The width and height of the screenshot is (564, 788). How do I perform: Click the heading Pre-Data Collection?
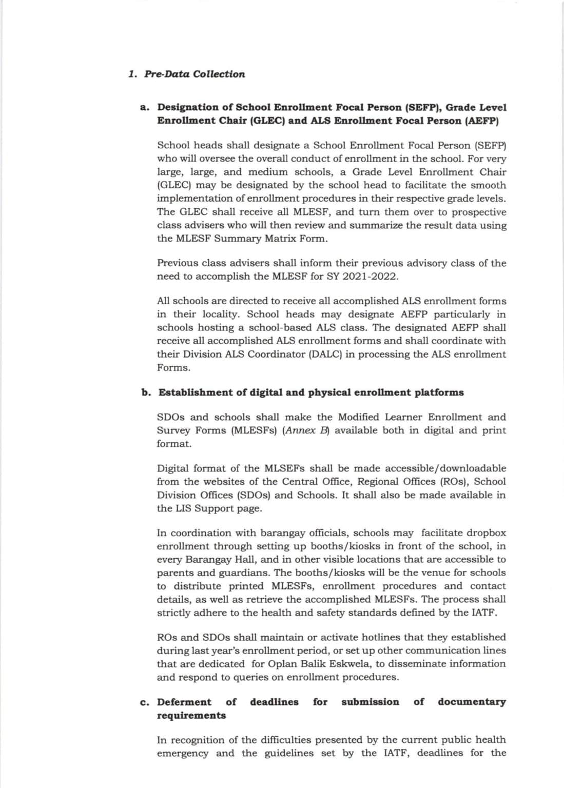(x=195, y=74)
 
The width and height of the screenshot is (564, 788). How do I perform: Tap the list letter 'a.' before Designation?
(x=145, y=108)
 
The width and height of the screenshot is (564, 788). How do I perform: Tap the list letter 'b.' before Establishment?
(x=146, y=393)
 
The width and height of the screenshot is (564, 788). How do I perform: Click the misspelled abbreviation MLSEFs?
(x=285, y=468)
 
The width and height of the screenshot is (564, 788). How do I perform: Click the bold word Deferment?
(x=184, y=702)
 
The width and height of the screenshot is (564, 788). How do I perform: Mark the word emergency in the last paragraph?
(x=183, y=754)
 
